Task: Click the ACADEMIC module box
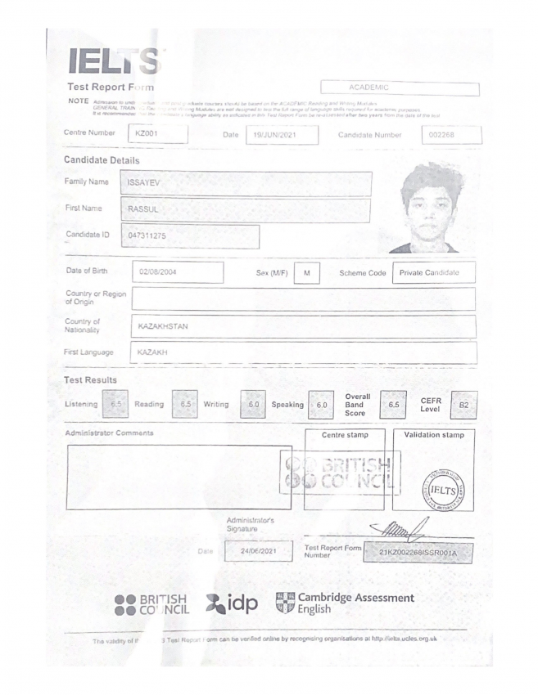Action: [x=400, y=87]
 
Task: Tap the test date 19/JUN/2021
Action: [x=282, y=134]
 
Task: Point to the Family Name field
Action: [x=245, y=183]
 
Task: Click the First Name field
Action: [x=245, y=210]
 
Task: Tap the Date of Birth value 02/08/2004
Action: [x=177, y=271]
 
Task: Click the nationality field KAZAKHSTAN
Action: [x=304, y=326]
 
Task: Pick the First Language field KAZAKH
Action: [x=304, y=352]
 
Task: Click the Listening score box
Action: [x=115, y=404]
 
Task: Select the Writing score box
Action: [x=254, y=404]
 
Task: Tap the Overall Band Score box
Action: [x=393, y=404]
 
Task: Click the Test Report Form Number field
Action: [x=418, y=553]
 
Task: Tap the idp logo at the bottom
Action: [x=232, y=604]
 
